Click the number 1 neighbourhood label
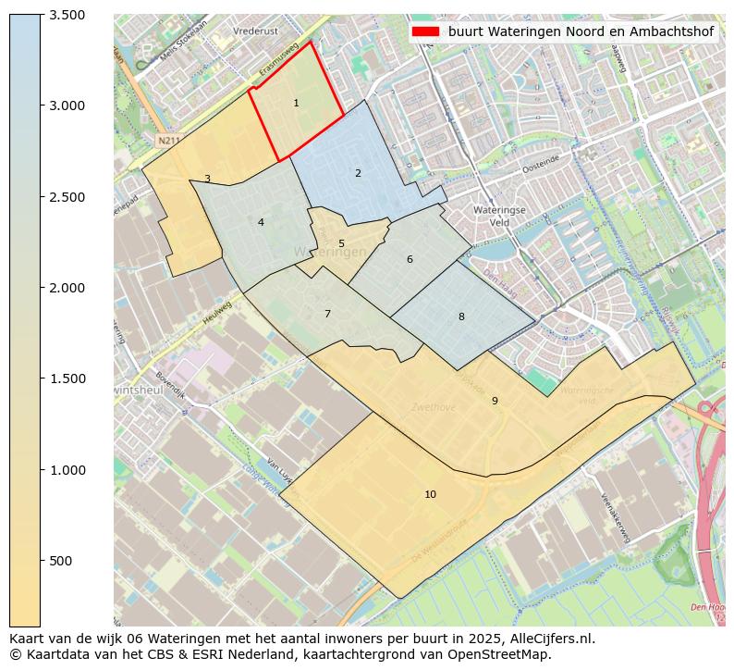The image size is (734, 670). [x=296, y=103]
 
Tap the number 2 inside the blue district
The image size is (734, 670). [x=358, y=173]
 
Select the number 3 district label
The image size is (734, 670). [x=207, y=179]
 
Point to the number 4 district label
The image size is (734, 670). [x=261, y=222]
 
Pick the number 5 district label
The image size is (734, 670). [x=341, y=244]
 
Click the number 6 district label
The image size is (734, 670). [x=410, y=259]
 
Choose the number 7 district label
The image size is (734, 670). [x=327, y=314]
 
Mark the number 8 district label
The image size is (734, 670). [x=461, y=316]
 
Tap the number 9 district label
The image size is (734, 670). [x=495, y=401]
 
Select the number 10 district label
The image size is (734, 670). [x=430, y=494]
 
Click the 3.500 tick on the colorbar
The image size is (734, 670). [x=67, y=15]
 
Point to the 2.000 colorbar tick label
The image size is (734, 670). [x=67, y=288]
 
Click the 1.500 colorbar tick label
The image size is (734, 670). [x=67, y=378]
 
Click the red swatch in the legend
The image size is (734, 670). [x=426, y=31]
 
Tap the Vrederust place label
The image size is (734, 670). [x=256, y=31]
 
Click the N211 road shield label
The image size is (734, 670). [x=167, y=141]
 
